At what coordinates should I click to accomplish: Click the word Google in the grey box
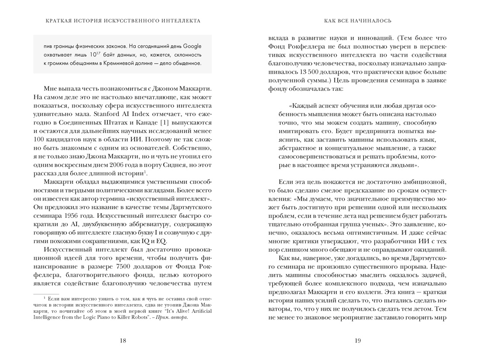point(192,46)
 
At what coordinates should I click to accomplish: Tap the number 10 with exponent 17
point(91,55)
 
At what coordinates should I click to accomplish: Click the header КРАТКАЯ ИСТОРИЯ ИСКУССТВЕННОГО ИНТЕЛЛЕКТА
point(123,21)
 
